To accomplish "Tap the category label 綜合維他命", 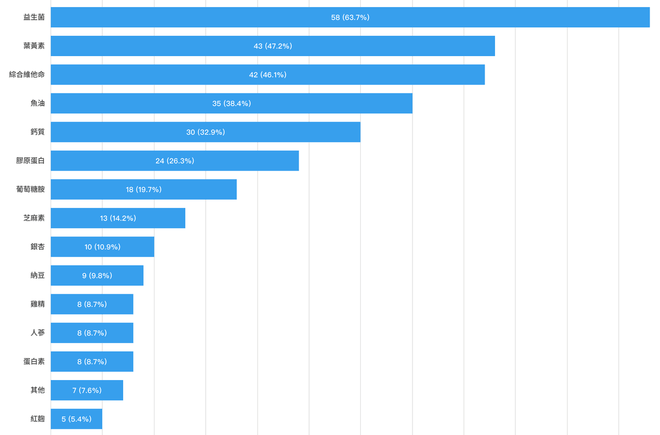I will tap(27, 75).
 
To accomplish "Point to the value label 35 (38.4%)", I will tap(232, 103).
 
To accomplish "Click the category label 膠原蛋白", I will tap(31, 161).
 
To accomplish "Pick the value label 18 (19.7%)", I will tap(144, 189).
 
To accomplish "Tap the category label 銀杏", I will tap(38, 247).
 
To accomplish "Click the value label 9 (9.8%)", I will tap(97, 276).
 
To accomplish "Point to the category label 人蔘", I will tap(38, 333).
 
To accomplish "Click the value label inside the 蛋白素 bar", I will tap(92, 361).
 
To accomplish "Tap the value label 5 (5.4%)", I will tap(76, 419).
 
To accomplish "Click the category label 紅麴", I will tap(38, 419).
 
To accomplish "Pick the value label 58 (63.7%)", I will tap(350, 17).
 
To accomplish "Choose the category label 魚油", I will tap(38, 103).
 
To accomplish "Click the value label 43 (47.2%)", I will tap(273, 46).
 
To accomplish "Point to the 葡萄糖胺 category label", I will tap(31, 189).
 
